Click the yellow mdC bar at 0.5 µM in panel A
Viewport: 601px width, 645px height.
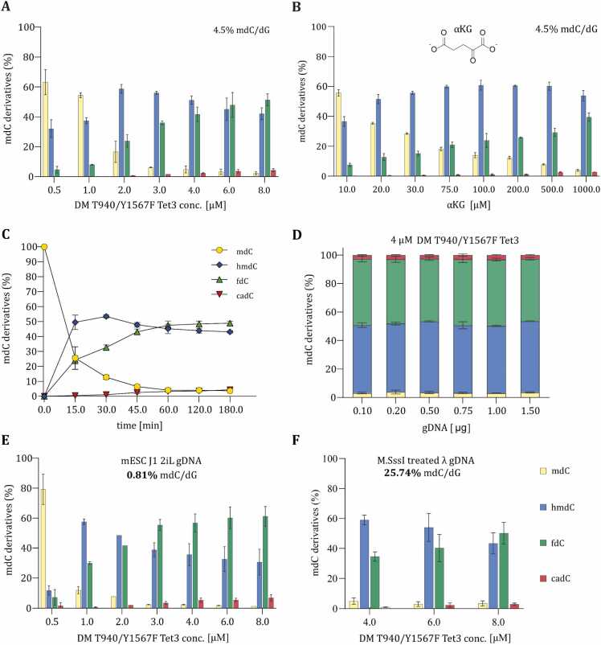[45, 129]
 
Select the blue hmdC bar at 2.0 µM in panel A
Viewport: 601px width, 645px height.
[121, 133]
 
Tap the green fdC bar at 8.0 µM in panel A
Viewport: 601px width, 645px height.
[268, 138]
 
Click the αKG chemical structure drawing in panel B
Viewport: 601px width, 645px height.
[464, 46]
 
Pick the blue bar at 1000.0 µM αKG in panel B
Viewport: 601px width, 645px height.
[583, 136]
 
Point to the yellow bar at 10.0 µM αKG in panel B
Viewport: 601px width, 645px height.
[338, 134]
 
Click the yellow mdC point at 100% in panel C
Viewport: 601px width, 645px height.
[44, 247]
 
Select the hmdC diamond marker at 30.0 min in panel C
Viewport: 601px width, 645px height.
[106, 316]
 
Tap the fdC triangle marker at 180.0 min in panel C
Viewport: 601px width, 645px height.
[231, 323]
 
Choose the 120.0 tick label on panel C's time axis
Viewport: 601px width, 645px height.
[199, 409]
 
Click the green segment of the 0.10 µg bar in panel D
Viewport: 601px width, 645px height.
[362, 292]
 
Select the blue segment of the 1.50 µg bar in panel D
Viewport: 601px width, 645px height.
[529, 357]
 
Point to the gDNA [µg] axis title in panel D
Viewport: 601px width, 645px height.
[446, 428]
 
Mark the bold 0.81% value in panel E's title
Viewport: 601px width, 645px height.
[142, 475]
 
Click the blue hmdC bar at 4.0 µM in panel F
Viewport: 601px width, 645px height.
[364, 564]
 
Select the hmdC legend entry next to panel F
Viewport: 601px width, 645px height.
[557, 507]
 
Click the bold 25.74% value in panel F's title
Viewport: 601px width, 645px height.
[403, 473]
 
